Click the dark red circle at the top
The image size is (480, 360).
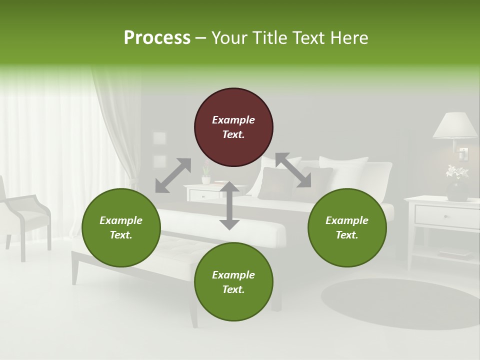click(x=233, y=127)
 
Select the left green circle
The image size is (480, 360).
click(x=121, y=227)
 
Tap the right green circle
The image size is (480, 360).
click(x=347, y=227)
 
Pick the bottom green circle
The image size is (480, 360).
click(x=233, y=281)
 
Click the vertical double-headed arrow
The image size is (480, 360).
click(x=229, y=205)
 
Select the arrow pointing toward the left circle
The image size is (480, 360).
click(x=172, y=175)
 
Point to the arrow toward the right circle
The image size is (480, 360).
click(x=293, y=170)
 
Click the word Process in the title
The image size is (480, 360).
click(x=157, y=37)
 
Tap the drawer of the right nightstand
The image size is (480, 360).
click(x=446, y=216)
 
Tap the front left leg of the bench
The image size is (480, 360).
click(x=75, y=268)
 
